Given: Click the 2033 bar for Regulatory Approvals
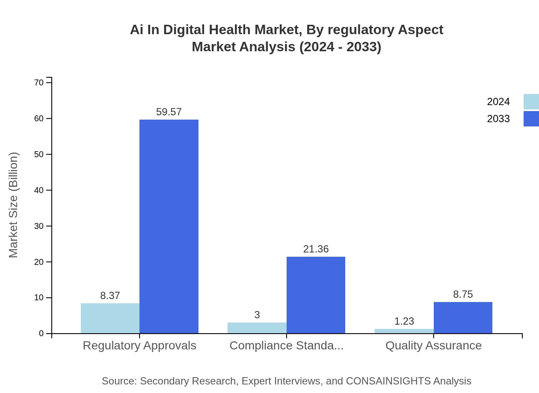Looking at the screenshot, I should (x=169, y=226).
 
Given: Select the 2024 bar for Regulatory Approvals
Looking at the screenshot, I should (x=110, y=318).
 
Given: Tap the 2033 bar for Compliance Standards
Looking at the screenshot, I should (x=316, y=295).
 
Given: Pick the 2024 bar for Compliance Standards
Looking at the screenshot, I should (x=257, y=328).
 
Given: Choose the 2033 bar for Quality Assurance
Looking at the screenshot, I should (x=463, y=317).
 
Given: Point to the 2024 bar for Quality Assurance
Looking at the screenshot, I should (x=404, y=331).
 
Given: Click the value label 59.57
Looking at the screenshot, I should (x=169, y=112).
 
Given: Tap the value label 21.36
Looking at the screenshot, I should (x=316, y=249).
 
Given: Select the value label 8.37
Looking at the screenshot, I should (x=110, y=296).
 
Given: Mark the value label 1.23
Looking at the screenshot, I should (x=404, y=321).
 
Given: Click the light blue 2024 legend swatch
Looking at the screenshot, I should (x=531, y=102).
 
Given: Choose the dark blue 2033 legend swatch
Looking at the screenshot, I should (x=531, y=119).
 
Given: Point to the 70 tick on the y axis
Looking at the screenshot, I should (x=39, y=82).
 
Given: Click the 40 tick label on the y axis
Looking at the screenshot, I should (x=39, y=190).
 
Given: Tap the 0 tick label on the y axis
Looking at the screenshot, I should (x=41, y=333).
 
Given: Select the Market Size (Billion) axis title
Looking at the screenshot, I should (x=14, y=205).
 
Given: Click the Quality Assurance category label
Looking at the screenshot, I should (x=433, y=346).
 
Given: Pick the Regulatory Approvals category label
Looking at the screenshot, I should (x=139, y=346).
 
